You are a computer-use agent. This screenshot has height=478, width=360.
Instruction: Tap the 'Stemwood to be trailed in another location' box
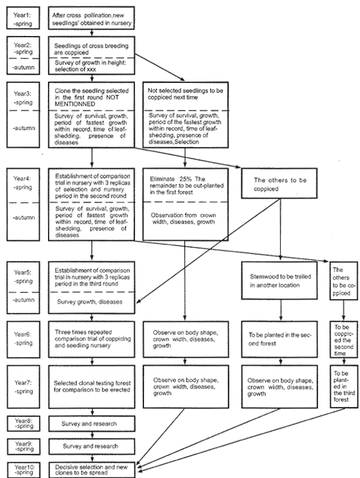(x=280, y=280)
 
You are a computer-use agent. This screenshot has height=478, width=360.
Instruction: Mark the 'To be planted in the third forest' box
(x=343, y=385)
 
